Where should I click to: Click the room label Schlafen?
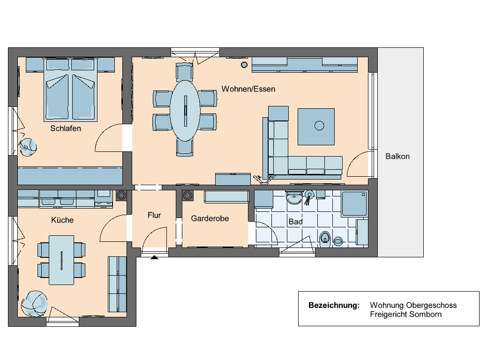click(x=66, y=128)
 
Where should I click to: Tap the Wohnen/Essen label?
click(x=248, y=89)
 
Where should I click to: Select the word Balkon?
click(x=397, y=157)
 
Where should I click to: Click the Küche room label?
click(x=62, y=220)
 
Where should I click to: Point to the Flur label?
click(x=154, y=215)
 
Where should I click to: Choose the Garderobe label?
click(x=210, y=218)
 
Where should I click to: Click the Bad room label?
click(x=295, y=222)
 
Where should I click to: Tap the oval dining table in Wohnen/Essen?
click(x=185, y=111)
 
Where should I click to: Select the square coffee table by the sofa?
click(x=316, y=126)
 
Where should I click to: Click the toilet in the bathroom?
click(x=325, y=239)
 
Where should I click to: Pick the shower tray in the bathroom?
click(x=355, y=204)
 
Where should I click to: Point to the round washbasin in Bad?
click(x=295, y=198)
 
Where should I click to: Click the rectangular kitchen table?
click(x=61, y=260)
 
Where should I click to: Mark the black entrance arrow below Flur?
click(x=154, y=256)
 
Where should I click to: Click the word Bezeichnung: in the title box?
click(x=334, y=306)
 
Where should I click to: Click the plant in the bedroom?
click(x=28, y=147)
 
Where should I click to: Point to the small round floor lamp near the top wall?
click(x=244, y=65)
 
